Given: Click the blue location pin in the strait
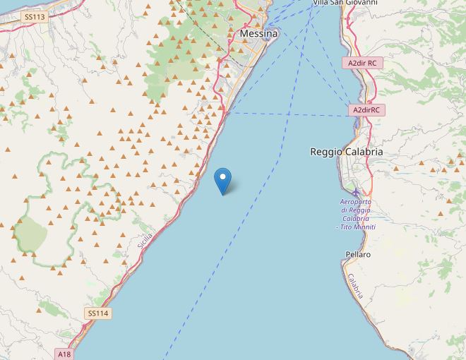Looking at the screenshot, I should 223,181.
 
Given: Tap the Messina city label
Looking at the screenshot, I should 259,33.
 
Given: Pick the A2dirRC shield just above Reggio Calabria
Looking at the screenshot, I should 367,110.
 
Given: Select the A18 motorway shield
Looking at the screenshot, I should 64,354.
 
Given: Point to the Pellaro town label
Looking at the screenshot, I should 359,253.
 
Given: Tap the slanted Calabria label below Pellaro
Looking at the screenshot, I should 355,286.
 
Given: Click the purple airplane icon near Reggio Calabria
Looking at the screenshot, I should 356,191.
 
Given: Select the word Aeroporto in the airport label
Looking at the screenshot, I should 357,203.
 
